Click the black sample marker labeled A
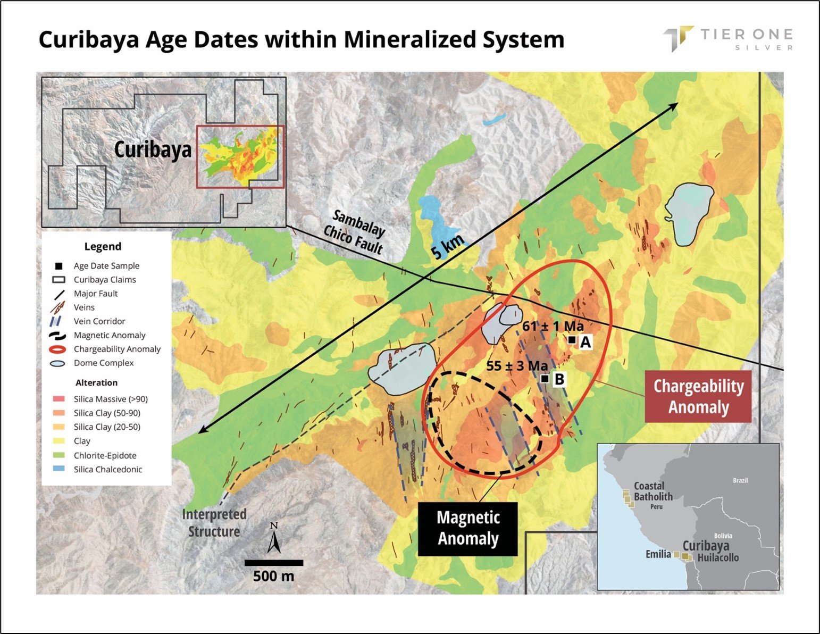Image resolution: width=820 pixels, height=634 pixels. pyautogui.click(x=572, y=340)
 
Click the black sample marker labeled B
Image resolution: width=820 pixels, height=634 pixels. pyautogui.click(x=545, y=379)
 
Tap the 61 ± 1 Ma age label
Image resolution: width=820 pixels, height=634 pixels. pyautogui.click(x=553, y=326)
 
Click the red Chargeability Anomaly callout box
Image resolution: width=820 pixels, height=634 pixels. pyautogui.click(x=698, y=396)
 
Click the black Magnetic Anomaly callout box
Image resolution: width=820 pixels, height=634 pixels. pyautogui.click(x=467, y=529)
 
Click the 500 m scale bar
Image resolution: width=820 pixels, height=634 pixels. pyautogui.click(x=273, y=563)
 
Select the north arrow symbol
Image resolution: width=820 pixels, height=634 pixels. pyautogui.click(x=274, y=538)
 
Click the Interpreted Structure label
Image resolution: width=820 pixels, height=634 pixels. pyautogui.click(x=214, y=523)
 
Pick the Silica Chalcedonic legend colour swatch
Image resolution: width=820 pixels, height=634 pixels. pyautogui.click(x=59, y=470)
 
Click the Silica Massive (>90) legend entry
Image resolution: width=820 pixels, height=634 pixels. pyautogui.click(x=111, y=399)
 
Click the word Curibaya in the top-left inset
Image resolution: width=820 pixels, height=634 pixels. pyautogui.click(x=153, y=149)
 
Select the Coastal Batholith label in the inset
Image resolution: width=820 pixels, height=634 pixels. pyautogui.click(x=653, y=491)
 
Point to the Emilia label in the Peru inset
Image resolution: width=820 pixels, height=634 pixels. pyautogui.click(x=658, y=554)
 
